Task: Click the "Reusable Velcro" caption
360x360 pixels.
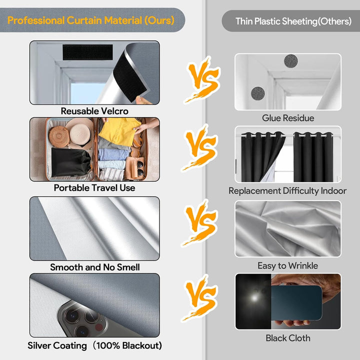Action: pyautogui.click(x=94, y=111)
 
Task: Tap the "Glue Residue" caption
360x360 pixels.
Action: pyautogui.click(x=288, y=118)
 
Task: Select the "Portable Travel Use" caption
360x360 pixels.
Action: pyautogui.click(x=94, y=188)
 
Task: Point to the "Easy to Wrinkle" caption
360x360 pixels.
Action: pyautogui.click(x=287, y=265)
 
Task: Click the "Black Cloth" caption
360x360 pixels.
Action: pyautogui.click(x=288, y=338)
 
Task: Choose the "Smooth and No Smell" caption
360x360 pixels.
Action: pyautogui.click(x=95, y=267)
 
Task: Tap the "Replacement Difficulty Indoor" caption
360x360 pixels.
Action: pyautogui.click(x=287, y=191)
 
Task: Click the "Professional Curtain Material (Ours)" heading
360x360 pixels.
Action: pyautogui.click(x=91, y=20)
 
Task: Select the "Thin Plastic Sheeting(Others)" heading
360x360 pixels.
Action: pyautogui.click(x=293, y=21)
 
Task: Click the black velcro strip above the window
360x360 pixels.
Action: pyautogui.click(x=87, y=52)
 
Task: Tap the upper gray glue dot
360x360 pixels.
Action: pyautogui.click(x=291, y=61)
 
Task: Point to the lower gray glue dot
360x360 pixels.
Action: pyautogui.click(x=258, y=93)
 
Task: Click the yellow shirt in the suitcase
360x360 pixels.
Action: pyautogui.click(x=119, y=131)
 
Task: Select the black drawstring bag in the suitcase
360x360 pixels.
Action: pyautogui.click(x=70, y=162)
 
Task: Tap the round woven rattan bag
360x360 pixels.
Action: pyautogui.click(x=59, y=136)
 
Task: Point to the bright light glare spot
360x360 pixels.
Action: pyautogui.click(x=254, y=298)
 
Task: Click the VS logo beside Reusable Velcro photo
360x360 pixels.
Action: pyautogui.click(x=202, y=79)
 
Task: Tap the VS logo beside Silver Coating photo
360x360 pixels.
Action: pyautogui.click(x=199, y=298)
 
